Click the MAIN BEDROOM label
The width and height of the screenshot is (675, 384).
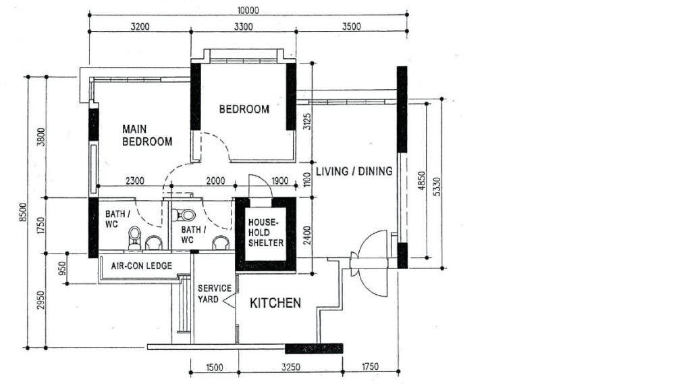coord(146,135)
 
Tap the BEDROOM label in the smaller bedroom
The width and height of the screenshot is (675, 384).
coord(244,109)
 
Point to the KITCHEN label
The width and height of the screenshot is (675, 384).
coord(275,304)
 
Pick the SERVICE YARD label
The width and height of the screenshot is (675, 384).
coord(215,293)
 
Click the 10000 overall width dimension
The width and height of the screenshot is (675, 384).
coord(248,10)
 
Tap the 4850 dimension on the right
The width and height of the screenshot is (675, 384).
coord(421,181)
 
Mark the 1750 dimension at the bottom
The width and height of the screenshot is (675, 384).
coord(369,367)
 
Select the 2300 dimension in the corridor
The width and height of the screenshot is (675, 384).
coord(134,181)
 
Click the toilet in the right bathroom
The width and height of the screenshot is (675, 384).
coord(184,215)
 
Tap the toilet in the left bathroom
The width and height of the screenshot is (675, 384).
coord(134,236)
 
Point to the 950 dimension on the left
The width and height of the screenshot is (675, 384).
coord(62,268)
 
